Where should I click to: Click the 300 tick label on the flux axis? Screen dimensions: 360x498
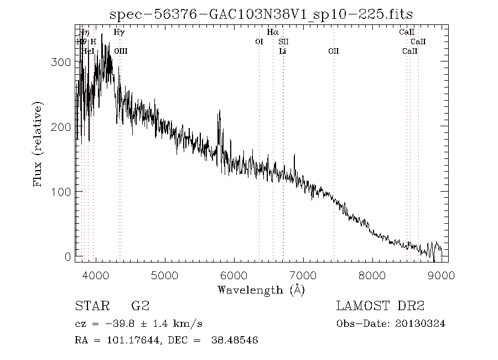click(x=60, y=62)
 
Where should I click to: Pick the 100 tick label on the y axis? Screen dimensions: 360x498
click(x=60, y=192)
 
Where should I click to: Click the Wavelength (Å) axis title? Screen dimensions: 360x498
click(x=261, y=289)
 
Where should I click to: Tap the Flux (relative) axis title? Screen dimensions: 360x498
click(x=38, y=143)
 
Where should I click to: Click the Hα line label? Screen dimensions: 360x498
click(x=272, y=33)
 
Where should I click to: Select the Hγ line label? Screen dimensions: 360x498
click(x=119, y=33)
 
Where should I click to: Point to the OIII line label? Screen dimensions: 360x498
click(x=121, y=51)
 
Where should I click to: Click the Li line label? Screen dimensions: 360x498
click(x=283, y=51)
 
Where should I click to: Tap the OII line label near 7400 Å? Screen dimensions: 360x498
click(x=334, y=51)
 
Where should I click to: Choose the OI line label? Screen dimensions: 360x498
click(x=259, y=42)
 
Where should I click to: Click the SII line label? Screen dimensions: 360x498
click(x=283, y=42)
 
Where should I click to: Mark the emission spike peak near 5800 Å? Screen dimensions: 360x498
click(x=220, y=111)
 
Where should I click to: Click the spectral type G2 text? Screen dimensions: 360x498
click(x=140, y=306)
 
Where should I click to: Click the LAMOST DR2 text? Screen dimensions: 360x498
click(x=380, y=306)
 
